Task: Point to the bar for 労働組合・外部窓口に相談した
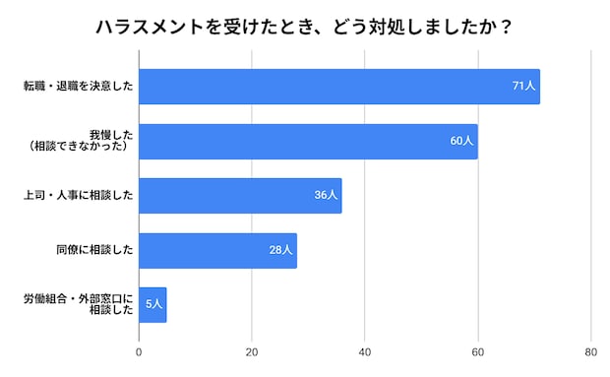pyautogui.click(x=152, y=304)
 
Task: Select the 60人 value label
pyautogui.click(x=462, y=141)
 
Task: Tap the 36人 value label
pyautogui.click(x=327, y=195)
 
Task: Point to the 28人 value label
pyautogui.click(x=281, y=250)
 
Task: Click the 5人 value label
pyautogui.click(x=153, y=304)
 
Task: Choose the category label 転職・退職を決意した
pyautogui.click(x=78, y=87)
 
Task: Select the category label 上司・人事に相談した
pyautogui.click(x=78, y=195)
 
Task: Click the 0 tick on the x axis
pyautogui.click(x=139, y=352)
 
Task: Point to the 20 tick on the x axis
pyautogui.click(x=252, y=352)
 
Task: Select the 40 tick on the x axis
pyautogui.click(x=365, y=352)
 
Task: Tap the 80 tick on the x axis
pyautogui.click(x=590, y=352)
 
